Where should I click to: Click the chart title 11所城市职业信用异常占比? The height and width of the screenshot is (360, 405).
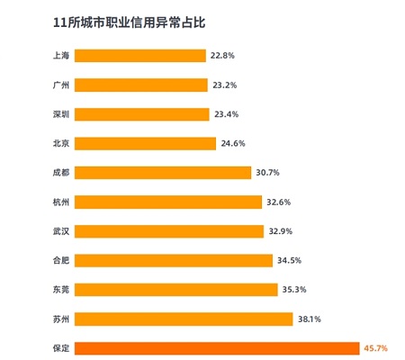pos(129,22)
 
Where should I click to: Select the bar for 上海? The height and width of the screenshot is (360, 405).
pos(140,56)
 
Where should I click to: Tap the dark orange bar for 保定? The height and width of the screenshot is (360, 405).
pos(217,348)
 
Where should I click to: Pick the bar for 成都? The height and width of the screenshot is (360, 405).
pos(163,173)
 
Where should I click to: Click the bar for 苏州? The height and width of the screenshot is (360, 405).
pos(184,319)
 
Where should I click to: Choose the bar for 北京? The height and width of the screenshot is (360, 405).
pos(145,143)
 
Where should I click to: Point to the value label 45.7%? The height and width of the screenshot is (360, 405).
pos(375,348)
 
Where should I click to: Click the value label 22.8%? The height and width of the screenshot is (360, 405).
pos(222,56)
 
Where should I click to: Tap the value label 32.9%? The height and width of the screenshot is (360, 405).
pos(281,231)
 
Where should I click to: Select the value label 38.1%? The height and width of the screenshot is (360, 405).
pos(310,319)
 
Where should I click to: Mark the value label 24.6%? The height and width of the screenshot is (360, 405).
pos(233,143)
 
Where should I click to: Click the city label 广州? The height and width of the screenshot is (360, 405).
pos(61,85)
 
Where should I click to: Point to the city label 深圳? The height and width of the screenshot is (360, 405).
pos(61,114)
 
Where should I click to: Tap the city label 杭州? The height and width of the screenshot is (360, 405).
pos(61,202)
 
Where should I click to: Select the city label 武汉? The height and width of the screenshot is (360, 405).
pos(61,231)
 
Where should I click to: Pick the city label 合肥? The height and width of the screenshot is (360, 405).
pos(61,260)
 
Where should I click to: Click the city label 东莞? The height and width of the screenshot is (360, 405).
pos(61,290)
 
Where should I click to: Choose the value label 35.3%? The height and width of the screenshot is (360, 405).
pos(294,290)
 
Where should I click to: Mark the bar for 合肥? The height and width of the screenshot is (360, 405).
pos(174,260)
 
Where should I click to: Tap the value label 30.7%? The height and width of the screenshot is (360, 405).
pos(267,173)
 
